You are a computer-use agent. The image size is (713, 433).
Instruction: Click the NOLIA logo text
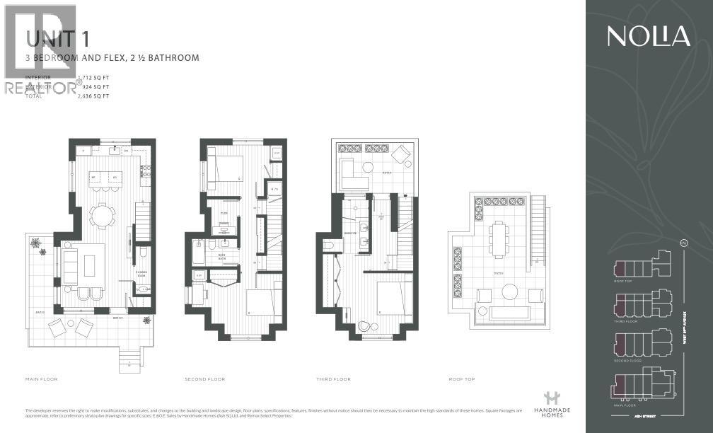point(648,36)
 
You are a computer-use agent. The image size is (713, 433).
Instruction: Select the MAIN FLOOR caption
point(42,379)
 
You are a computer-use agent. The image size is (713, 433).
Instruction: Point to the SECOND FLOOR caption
point(205,379)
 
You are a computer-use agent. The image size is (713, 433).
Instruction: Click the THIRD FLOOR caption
point(333,379)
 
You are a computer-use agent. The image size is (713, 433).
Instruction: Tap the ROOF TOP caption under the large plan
point(462,379)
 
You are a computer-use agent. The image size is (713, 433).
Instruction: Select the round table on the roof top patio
point(510,291)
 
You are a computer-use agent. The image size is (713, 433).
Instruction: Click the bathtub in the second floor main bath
point(197,251)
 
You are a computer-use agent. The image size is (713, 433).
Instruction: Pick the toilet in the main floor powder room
point(143,252)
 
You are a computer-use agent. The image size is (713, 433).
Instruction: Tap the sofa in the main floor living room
point(71,266)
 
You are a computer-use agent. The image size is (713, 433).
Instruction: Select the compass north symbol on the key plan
point(684,244)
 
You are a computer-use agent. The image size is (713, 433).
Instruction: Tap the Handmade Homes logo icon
point(547,399)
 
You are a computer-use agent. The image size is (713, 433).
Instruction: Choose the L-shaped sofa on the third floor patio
point(349,173)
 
